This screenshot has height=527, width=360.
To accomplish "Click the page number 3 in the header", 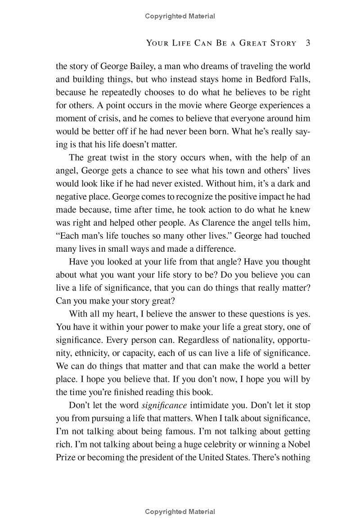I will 308,43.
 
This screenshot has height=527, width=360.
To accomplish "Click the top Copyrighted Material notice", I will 180,17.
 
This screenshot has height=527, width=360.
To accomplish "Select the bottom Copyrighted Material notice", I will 180,512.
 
